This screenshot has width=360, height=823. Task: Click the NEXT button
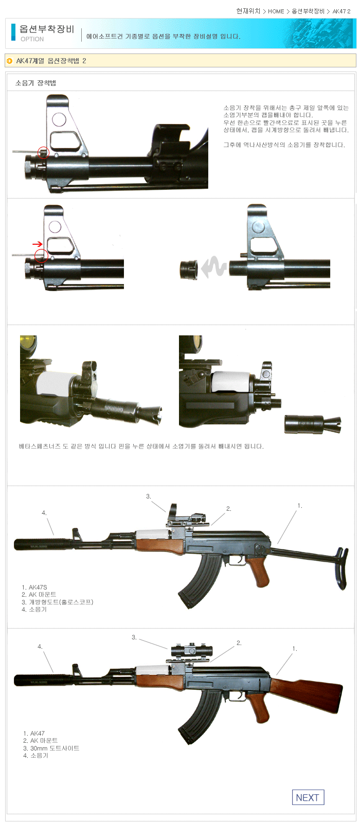coord(308,797)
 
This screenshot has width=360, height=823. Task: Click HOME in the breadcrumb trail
coord(276,11)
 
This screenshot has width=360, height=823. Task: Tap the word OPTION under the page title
coord(32,39)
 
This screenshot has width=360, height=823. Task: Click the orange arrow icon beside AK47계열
coord(10,61)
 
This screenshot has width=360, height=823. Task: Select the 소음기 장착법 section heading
coord(35,83)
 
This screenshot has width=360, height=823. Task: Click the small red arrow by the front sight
coord(37,244)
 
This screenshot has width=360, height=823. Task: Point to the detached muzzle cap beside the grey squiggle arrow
coord(189,269)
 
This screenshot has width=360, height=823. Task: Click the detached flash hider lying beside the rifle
coord(313,424)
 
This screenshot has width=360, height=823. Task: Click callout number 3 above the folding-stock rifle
coord(149,496)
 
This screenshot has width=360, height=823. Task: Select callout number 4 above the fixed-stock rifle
coord(40,646)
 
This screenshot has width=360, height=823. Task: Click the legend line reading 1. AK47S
coord(34,587)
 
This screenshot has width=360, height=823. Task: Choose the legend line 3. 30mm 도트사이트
coord(51,748)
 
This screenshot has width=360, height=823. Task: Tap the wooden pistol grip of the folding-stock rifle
coord(259,571)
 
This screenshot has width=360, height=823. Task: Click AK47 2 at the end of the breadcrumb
coord(341,11)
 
